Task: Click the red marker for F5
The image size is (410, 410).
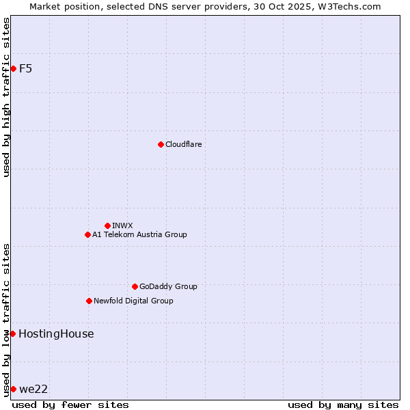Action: click(x=13, y=68)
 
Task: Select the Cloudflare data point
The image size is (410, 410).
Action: click(x=161, y=144)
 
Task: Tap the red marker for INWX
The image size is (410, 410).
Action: click(x=107, y=225)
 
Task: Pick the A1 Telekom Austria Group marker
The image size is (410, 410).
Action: click(x=87, y=234)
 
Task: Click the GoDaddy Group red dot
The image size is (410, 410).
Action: click(x=135, y=286)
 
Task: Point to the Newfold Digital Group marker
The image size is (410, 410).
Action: click(x=89, y=301)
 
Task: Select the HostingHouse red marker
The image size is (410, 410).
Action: click(x=12, y=333)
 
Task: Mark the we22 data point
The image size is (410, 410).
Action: click(x=13, y=389)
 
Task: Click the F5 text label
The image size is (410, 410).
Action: click(x=25, y=68)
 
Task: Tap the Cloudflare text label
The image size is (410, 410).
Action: click(x=183, y=144)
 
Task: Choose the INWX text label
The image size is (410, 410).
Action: click(x=122, y=225)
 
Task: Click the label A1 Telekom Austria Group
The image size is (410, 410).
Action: click(x=139, y=234)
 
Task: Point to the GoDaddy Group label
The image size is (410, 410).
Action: click(x=168, y=286)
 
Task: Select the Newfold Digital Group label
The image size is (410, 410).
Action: click(x=133, y=301)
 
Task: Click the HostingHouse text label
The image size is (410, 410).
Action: click(x=56, y=333)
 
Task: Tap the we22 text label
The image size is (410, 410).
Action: click(x=33, y=389)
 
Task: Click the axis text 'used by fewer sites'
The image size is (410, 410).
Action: click(x=70, y=405)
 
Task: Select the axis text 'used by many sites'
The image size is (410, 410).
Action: click(x=343, y=405)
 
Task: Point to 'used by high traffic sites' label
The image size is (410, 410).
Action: click(x=6, y=97)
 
